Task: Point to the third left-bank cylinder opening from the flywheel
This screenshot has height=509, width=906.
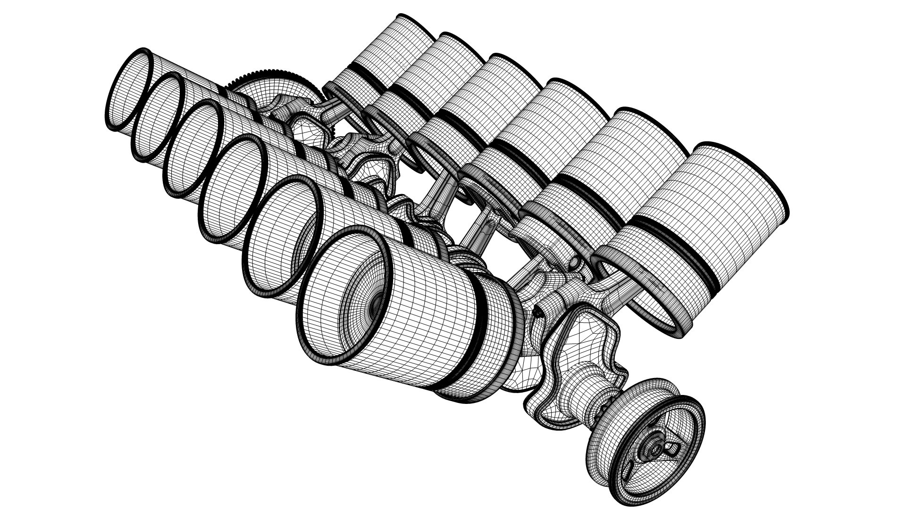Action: (196, 151)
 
